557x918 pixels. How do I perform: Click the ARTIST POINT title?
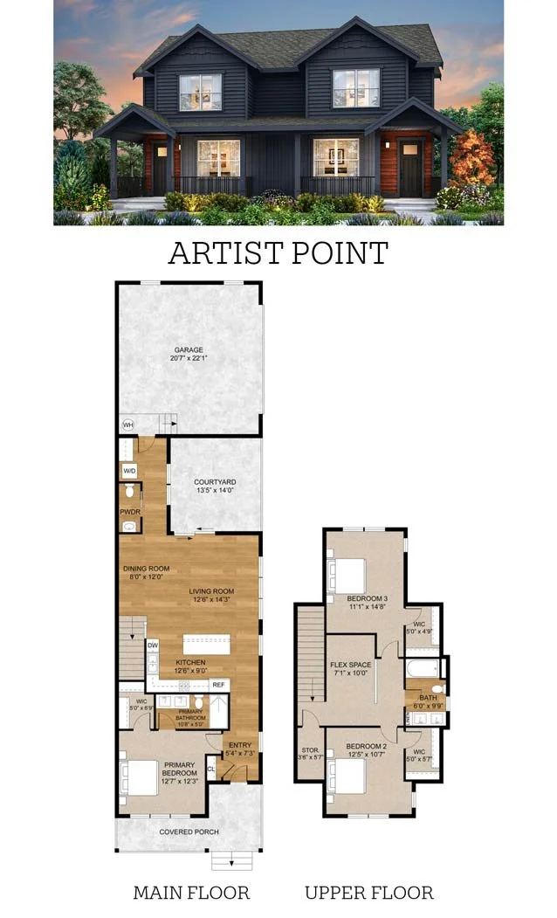tap(278, 253)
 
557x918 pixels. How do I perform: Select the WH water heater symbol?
tap(127, 425)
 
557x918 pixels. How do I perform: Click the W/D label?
tap(128, 469)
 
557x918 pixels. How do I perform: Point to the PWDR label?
tap(127, 512)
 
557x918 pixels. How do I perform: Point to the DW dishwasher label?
tap(153, 645)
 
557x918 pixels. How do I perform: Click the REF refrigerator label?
tap(218, 684)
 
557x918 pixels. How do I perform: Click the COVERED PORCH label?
tap(189, 832)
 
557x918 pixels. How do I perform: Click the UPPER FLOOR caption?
tap(368, 893)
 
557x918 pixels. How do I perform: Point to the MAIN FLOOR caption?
tap(191, 893)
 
